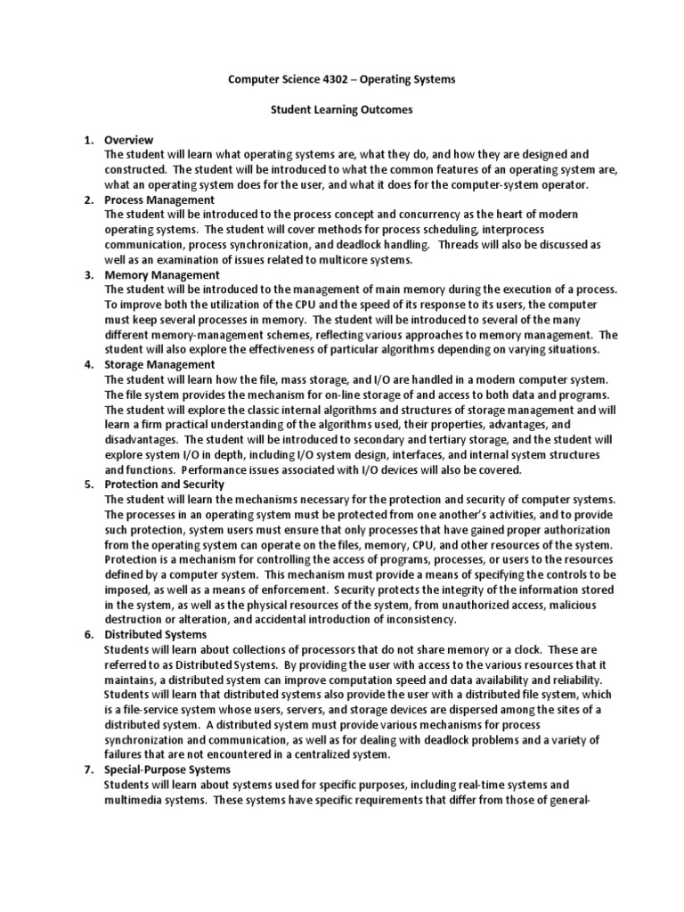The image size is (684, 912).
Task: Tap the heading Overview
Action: click(129, 140)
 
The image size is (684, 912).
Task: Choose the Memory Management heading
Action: click(161, 275)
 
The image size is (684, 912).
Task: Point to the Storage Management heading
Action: click(159, 364)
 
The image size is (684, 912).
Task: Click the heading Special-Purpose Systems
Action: click(167, 769)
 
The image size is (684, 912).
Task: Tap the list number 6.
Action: click(88, 634)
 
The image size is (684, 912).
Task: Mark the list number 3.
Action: click(88, 275)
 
